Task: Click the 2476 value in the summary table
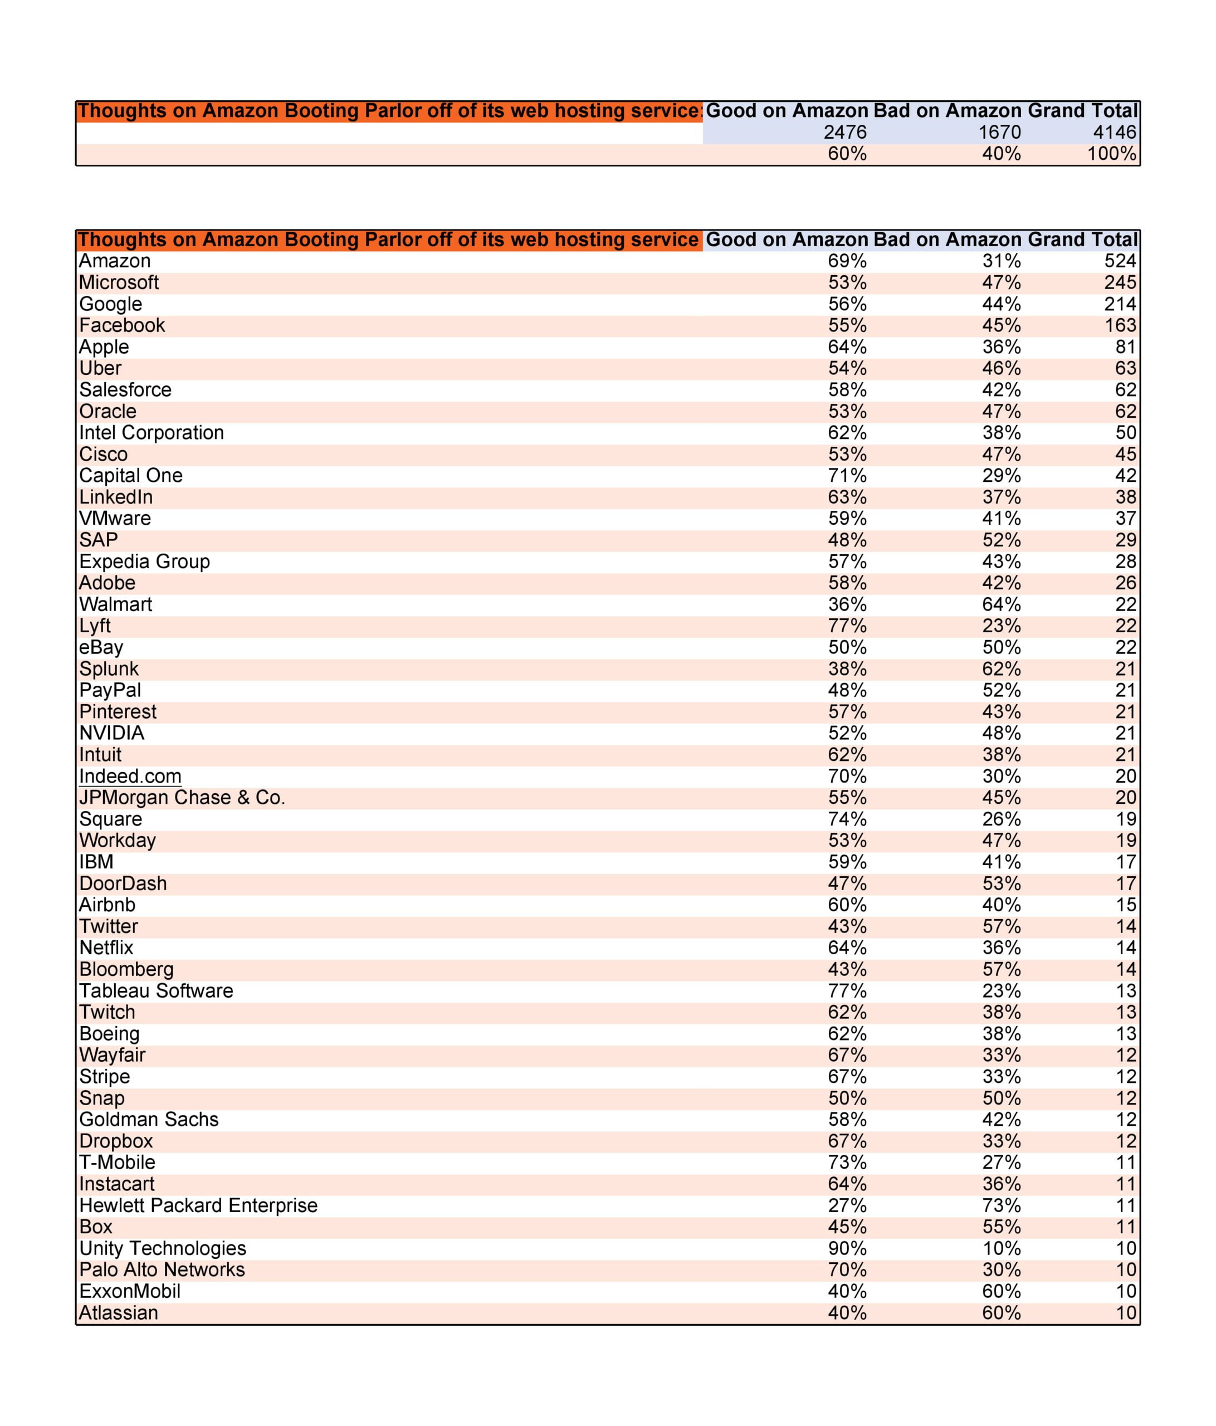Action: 845,132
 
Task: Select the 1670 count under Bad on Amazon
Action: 999,132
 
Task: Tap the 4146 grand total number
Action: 1114,132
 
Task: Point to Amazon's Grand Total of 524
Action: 1120,261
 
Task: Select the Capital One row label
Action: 131,476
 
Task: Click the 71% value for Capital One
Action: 847,476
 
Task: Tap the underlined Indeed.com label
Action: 130,777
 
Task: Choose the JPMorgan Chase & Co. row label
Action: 182,798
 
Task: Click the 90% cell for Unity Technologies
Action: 847,1248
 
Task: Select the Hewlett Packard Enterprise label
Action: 198,1206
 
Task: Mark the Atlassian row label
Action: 118,1313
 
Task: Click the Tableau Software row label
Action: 156,991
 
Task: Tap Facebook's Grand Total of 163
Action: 1120,325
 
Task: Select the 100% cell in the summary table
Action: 1111,154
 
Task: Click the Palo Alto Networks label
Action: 162,1270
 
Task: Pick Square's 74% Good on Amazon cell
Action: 847,819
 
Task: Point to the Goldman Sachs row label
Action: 149,1120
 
